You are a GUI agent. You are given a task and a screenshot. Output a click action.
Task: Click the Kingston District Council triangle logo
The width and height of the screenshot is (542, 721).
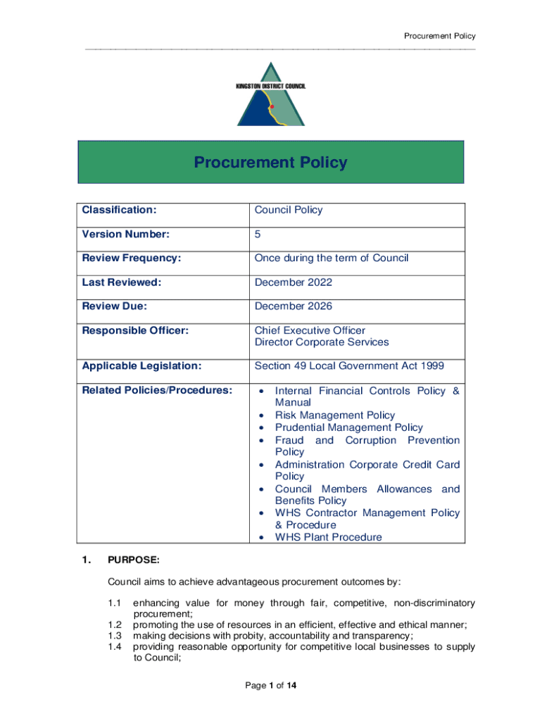[x=271, y=95]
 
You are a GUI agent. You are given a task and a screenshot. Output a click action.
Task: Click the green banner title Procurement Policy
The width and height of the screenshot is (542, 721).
[x=270, y=163]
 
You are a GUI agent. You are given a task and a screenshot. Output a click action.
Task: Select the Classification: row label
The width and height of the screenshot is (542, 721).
[x=119, y=210]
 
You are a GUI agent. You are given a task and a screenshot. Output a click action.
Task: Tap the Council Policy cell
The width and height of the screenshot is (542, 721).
[x=289, y=210]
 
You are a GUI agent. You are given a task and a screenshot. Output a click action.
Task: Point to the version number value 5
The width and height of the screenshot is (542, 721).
[x=258, y=234]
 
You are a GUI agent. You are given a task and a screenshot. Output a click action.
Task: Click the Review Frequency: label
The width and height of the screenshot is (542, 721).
[x=132, y=258]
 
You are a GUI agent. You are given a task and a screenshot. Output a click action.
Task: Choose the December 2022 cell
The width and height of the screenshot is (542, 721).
[x=294, y=282]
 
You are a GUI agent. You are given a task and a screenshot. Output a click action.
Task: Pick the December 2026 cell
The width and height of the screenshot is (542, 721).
[x=294, y=306]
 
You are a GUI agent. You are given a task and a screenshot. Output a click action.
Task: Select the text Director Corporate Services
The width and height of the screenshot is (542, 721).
[x=322, y=342]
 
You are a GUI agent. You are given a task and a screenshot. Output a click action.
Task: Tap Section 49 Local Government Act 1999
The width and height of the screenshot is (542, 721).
[x=349, y=366]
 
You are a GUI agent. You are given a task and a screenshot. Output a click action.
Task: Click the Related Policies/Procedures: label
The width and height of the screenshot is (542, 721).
[x=157, y=391]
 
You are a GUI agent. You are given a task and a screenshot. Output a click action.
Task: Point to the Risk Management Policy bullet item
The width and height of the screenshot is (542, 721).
[x=335, y=415]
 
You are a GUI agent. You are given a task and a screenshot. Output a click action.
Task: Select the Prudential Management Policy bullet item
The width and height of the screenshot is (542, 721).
[x=349, y=427]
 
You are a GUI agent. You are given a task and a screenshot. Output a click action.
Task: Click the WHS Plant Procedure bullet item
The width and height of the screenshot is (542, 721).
[x=329, y=537]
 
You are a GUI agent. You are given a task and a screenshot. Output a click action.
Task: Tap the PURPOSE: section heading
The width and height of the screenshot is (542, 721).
[x=133, y=560]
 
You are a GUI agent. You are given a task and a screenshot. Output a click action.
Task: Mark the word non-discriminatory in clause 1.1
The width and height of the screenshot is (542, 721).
[x=434, y=603]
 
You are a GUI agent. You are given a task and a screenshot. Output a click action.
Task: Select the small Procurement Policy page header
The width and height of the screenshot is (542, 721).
[x=439, y=36]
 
